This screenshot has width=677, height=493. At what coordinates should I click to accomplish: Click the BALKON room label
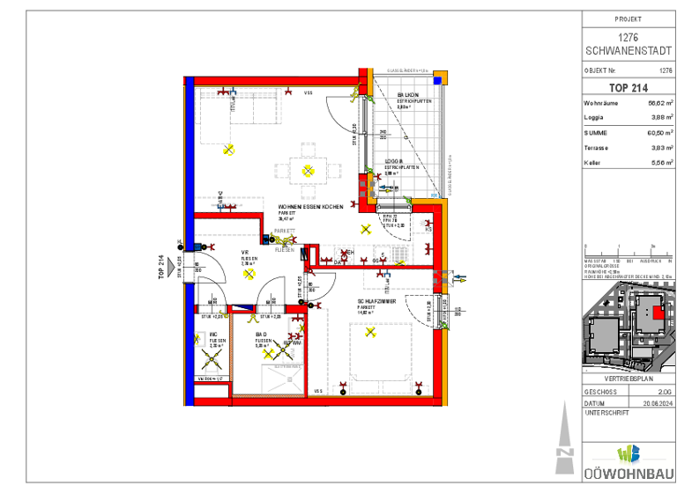tap(407, 94)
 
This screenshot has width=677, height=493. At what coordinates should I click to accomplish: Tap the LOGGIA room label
tap(393, 162)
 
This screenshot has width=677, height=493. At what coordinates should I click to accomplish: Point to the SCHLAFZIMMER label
tap(376, 301)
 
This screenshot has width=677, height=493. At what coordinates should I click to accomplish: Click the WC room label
tap(213, 335)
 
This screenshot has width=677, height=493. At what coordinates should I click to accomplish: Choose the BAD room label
tap(261, 335)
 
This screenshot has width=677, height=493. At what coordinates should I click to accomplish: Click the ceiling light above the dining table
tap(308, 170)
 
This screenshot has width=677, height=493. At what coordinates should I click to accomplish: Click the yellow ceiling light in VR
tap(249, 273)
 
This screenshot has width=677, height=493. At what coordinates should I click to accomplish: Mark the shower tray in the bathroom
tap(279, 380)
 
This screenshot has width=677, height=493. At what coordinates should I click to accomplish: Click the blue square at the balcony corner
tap(434, 195)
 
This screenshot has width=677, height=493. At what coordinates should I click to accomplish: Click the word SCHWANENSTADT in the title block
tap(628, 49)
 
